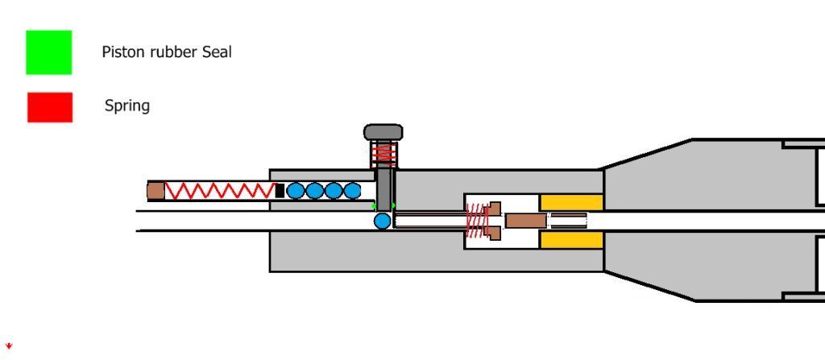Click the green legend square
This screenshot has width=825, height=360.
click(48, 52)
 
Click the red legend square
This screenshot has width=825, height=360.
click(50, 107)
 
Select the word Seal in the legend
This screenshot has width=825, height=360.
click(217, 52)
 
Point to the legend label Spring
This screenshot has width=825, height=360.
click(127, 106)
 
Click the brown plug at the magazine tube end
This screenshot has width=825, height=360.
click(155, 191)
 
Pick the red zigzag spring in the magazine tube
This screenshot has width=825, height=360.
click(219, 191)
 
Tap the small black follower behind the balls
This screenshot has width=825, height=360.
click(280, 191)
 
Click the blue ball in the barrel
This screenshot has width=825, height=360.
click(382, 220)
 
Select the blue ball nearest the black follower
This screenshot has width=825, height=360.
click(296, 191)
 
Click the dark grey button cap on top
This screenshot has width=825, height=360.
click(383, 132)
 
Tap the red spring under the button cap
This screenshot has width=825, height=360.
click(383, 152)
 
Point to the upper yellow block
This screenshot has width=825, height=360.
click(571, 202)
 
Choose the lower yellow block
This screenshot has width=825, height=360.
click(571, 239)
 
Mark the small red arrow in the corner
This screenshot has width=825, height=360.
click(9, 346)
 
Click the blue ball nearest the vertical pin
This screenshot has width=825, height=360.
click(353, 191)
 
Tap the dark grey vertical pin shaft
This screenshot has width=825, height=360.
click(384, 187)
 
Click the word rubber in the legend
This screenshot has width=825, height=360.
click(164, 52)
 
